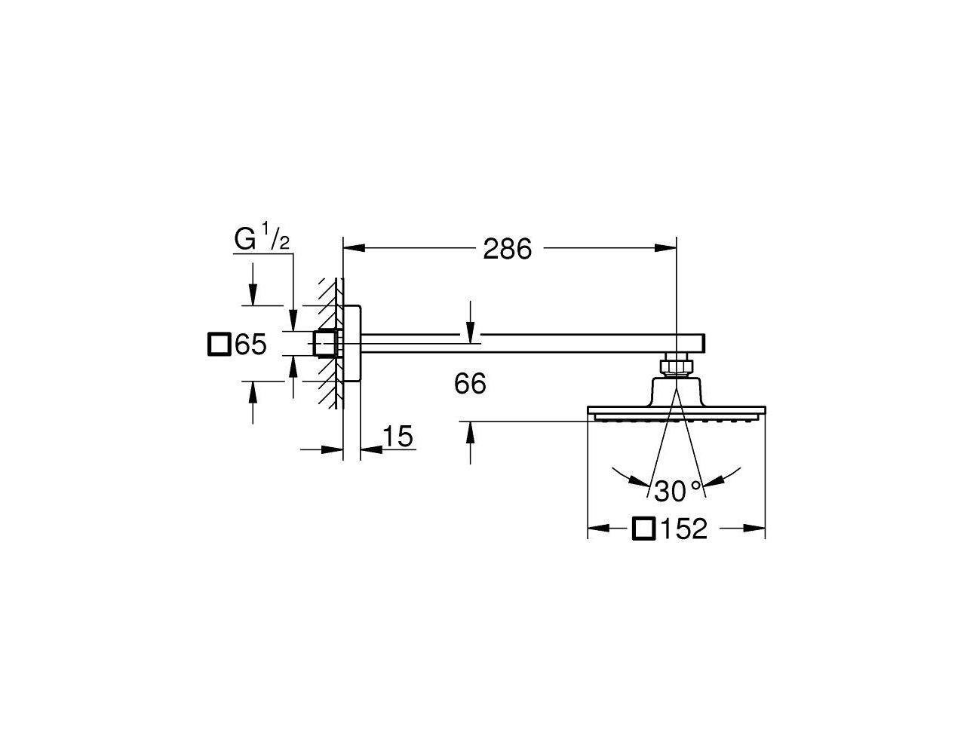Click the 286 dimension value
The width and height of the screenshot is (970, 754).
pyautogui.click(x=508, y=249)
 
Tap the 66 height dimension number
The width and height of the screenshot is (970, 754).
pyautogui.click(x=470, y=383)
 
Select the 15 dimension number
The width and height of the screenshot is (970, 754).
pyautogui.click(x=398, y=436)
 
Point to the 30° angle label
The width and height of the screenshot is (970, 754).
pyautogui.click(x=677, y=491)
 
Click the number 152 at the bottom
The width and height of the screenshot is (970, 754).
pyautogui.click(x=684, y=529)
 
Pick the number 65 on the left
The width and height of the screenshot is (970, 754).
pyautogui.click(x=250, y=345)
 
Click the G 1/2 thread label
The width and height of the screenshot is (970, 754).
pyautogui.click(x=262, y=238)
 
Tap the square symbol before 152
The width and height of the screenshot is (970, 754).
pyautogui.click(x=644, y=529)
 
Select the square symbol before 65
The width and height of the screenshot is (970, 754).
pyautogui.click(x=219, y=345)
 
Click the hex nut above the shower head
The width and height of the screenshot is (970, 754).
pyautogui.click(x=677, y=364)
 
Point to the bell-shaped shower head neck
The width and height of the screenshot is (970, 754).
pyautogui.click(x=677, y=392)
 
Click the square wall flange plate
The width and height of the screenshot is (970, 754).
pyautogui.click(x=351, y=343)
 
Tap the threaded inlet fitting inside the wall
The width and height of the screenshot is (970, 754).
pyautogui.click(x=326, y=343)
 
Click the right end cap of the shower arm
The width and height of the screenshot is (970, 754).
pyautogui.click(x=701, y=343)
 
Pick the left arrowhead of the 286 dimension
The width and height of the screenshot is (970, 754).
pyautogui.click(x=355, y=248)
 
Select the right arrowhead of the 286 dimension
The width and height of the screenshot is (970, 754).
pyautogui.click(x=665, y=248)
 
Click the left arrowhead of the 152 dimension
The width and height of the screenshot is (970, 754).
pyautogui.click(x=599, y=529)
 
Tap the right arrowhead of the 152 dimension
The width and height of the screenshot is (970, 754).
pyautogui.click(x=754, y=529)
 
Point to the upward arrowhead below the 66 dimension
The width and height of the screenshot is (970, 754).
pyautogui.click(x=470, y=432)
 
